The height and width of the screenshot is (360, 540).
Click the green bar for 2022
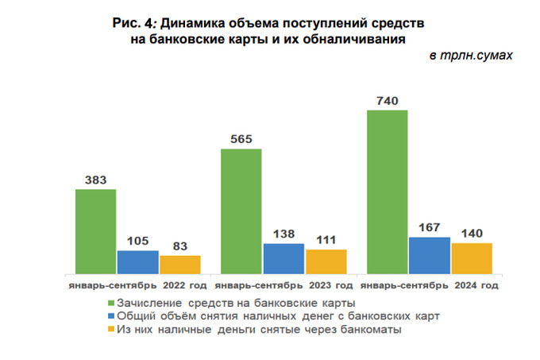[x=95, y=231]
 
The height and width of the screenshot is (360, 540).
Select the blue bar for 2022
[x=138, y=261]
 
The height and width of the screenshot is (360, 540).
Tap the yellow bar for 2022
[x=179, y=265]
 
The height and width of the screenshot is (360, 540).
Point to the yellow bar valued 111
[x=326, y=261]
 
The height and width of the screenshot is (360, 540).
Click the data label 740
[x=387, y=100]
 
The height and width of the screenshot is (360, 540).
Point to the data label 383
[x=95, y=180]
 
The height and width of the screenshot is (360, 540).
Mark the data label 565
[x=241, y=139]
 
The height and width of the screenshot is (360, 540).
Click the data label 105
[x=138, y=241]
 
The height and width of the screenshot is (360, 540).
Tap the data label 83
[x=179, y=246]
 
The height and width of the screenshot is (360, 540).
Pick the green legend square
[x=110, y=303]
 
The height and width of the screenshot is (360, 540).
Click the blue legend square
[x=110, y=315]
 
